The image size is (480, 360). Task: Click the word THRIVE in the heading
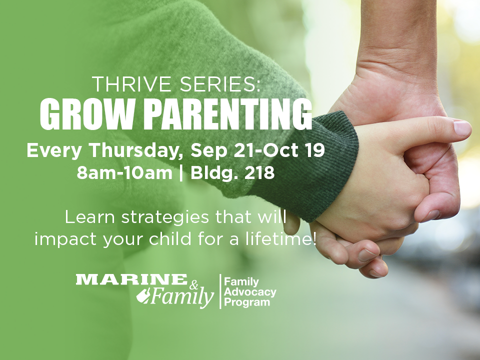[131, 84]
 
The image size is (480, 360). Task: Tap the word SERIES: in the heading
[219, 84]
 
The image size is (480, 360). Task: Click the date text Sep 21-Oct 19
[257, 150]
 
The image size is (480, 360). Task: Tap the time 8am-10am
[124, 173]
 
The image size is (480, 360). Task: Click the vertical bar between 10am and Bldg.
[181, 173]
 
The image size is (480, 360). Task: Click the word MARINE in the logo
[131, 279]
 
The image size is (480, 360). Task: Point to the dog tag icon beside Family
[142, 296]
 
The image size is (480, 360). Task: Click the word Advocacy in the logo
[250, 291]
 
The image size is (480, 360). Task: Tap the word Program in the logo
[247, 302]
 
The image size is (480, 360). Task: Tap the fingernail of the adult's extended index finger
[462, 128]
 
